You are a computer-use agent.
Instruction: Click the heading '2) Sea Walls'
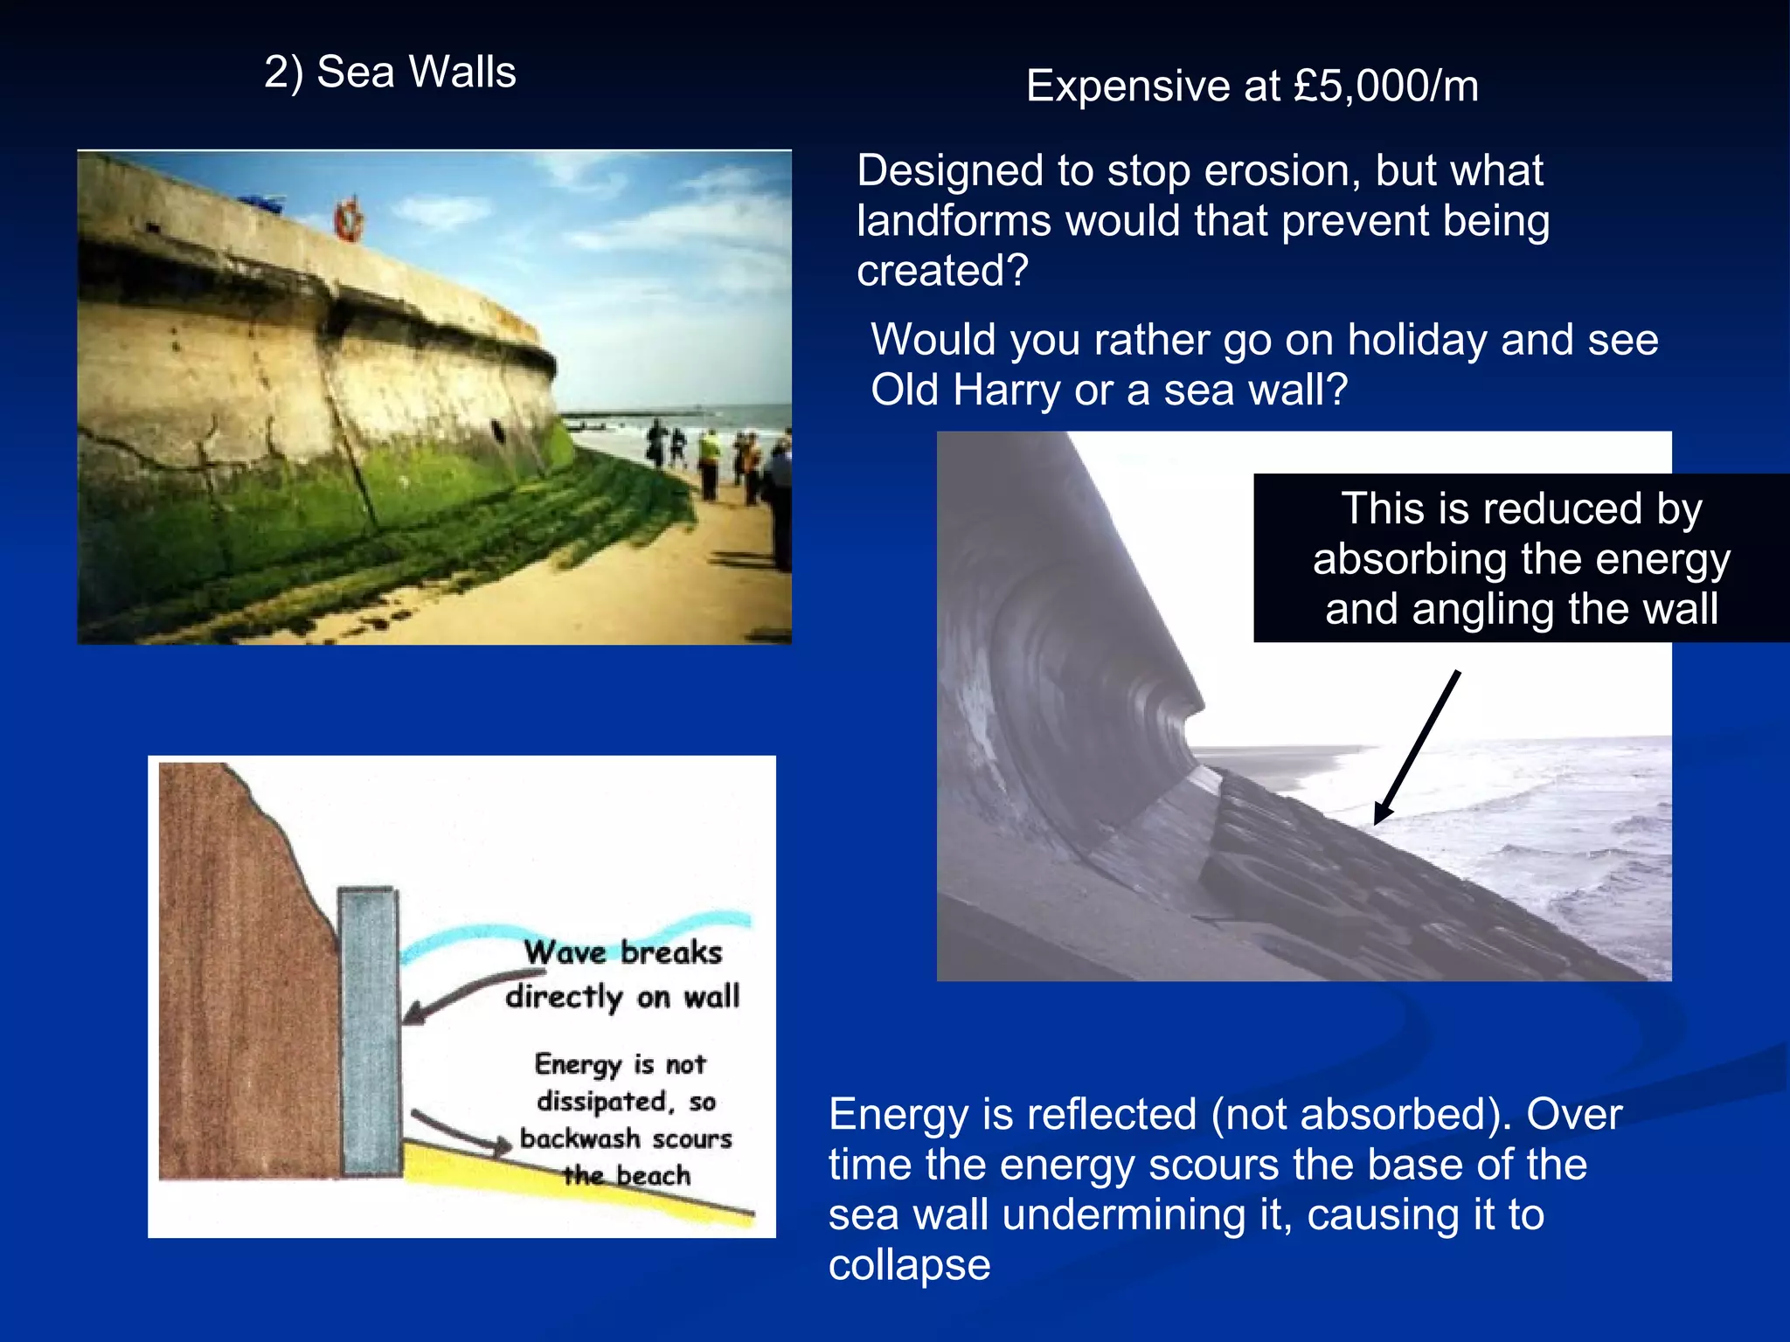click(390, 72)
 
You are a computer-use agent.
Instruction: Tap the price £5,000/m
click(1386, 86)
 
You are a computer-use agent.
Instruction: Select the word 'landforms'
click(954, 221)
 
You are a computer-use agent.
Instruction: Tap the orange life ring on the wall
click(348, 220)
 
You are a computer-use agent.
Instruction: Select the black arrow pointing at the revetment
click(1416, 748)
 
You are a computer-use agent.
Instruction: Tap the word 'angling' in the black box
click(1486, 609)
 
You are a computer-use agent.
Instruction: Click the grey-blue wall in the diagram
click(369, 1031)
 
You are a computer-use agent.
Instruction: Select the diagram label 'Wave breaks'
click(622, 952)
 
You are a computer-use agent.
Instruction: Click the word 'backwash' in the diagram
click(579, 1138)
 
